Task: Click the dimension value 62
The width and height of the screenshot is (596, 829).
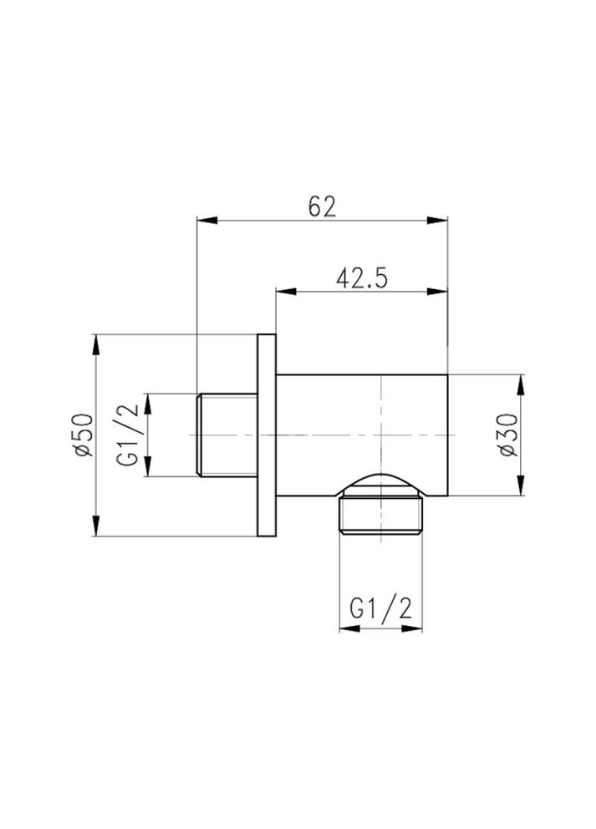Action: (x=322, y=205)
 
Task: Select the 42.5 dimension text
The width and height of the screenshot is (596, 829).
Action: (x=362, y=277)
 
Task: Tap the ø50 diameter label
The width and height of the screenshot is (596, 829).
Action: (x=82, y=435)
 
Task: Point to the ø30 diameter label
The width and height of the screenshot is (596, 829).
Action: (x=507, y=435)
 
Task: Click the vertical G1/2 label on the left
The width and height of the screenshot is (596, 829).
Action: (x=130, y=435)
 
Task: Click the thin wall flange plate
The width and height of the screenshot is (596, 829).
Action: (x=267, y=435)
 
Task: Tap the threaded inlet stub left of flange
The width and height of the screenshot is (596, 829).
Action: (x=226, y=435)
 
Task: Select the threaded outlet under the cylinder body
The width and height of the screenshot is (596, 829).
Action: (x=381, y=516)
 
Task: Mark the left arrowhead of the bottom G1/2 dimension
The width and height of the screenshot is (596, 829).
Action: (x=347, y=628)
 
